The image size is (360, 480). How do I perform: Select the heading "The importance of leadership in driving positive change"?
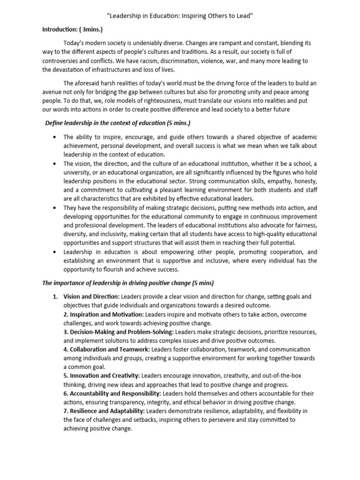[128, 283]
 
